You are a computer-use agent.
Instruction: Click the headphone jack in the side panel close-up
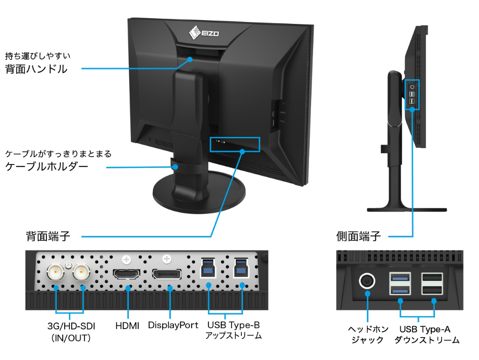pyautogui.click(x=367, y=281)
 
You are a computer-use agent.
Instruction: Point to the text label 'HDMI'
pyautogui.click(x=127, y=325)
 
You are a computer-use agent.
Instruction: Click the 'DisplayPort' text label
pyautogui.click(x=173, y=325)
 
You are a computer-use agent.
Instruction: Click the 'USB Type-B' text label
pyautogui.click(x=233, y=325)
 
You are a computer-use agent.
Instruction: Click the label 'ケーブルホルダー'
pyautogui.click(x=46, y=166)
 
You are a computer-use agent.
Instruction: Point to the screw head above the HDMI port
pyautogui.click(x=127, y=258)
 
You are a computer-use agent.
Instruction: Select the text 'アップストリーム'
pyautogui.click(x=233, y=336)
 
